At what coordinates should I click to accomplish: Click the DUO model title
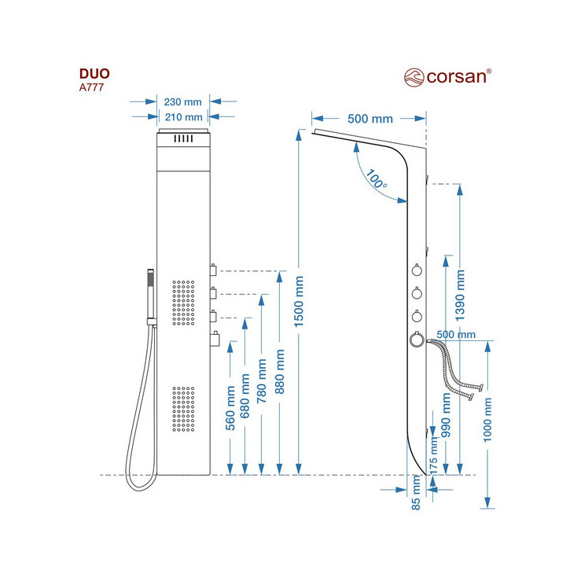point(94,74)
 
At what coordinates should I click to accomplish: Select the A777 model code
point(91,87)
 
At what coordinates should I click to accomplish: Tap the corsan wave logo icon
point(414,77)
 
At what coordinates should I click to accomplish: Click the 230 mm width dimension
point(183,101)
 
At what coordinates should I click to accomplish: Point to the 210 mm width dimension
point(183,117)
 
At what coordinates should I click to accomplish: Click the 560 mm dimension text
point(230,408)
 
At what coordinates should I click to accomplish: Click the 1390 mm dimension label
point(461,292)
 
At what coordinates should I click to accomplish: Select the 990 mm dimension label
point(447,417)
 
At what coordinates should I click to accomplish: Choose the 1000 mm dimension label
point(487,421)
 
